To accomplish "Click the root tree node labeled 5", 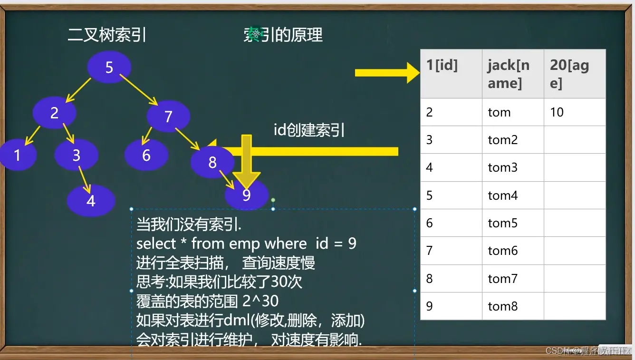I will click(x=109, y=68).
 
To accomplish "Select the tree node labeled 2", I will click(x=54, y=113).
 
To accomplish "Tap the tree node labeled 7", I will click(x=168, y=117).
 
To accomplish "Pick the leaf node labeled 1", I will click(x=18, y=155).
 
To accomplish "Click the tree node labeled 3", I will click(x=76, y=155).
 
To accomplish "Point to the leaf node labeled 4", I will click(x=91, y=201).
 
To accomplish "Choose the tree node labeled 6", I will click(x=146, y=155).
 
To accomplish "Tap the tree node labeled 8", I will click(x=212, y=162).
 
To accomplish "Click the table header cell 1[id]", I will click(x=451, y=74).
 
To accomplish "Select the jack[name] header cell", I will click(x=513, y=74).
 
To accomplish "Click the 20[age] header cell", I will click(x=575, y=74).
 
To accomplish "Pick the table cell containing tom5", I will click(x=513, y=223).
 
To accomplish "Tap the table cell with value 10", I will click(x=575, y=112).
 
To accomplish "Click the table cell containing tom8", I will click(x=513, y=306).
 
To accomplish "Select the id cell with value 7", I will click(x=451, y=251).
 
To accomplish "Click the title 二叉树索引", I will click(x=107, y=35).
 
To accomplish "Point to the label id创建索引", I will click(x=309, y=130).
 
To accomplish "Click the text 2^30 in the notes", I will click(x=260, y=301).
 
